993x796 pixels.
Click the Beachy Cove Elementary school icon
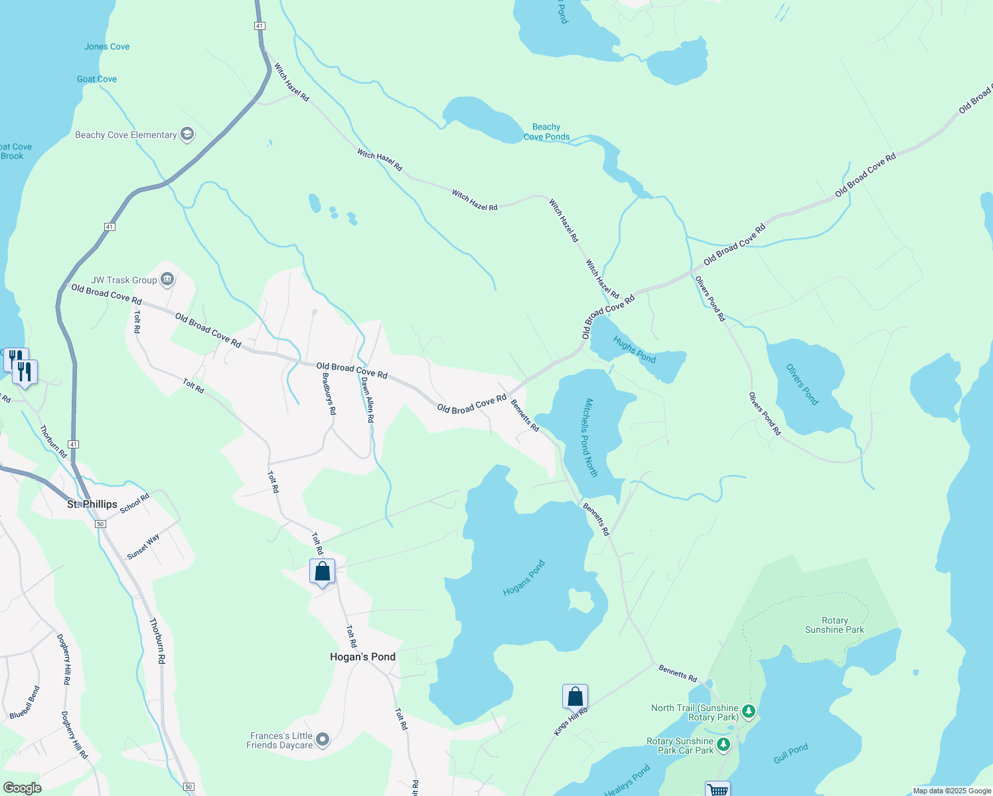(187, 135)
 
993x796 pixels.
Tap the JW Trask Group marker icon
(167, 280)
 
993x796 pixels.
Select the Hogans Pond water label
(524, 578)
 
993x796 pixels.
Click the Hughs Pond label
(634, 350)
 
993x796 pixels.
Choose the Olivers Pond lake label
(802, 384)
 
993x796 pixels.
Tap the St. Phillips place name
(92, 504)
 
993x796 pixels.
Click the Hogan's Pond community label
(362, 657)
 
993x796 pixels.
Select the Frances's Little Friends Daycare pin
(323, 739)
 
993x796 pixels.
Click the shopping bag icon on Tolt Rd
(322, 571)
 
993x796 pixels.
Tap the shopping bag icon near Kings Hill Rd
(575, 696)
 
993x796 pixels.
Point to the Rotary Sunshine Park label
(834, 625)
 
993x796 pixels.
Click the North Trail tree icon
(749, 712)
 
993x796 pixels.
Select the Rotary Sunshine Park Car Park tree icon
(724, 745)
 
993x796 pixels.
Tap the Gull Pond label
(791, 754)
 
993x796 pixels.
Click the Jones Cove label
(107, 46)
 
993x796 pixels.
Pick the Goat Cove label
(97, 79)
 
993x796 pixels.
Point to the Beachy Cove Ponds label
(546, 132)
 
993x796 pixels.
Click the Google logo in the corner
(22, 788)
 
